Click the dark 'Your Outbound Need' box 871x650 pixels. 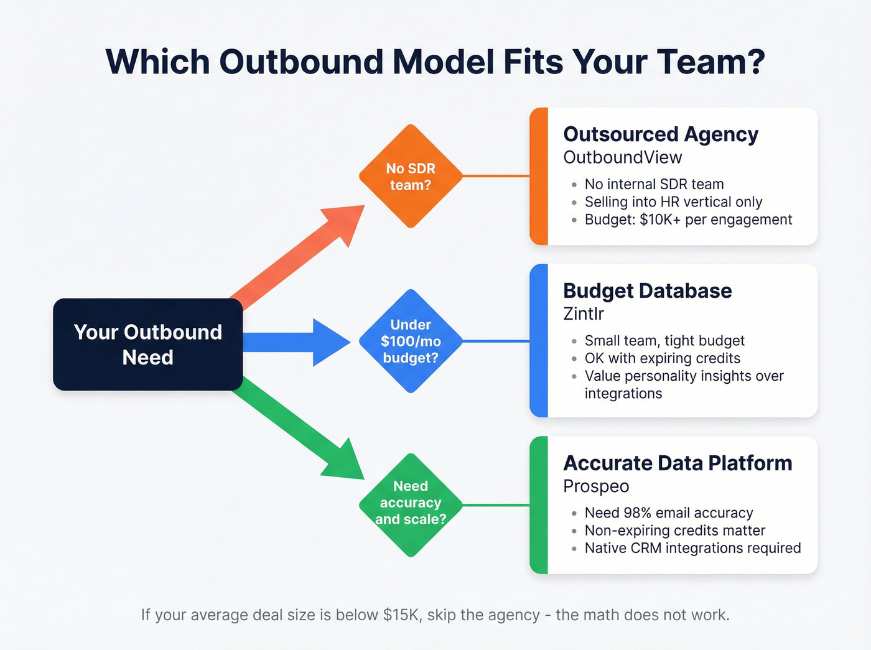pos(147,345)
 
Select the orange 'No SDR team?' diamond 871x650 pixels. pos(411,177)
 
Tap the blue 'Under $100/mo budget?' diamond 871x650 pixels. pos(411,341)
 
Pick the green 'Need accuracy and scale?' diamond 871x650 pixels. pos(411,504)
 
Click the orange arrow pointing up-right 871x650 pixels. pos(299,255)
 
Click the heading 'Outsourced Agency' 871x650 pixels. pos(660,134)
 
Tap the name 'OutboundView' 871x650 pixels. pos(622,157)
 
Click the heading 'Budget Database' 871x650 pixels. pos(647,291)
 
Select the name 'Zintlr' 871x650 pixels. pos(583,313)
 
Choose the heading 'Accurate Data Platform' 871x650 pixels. pos(677,463)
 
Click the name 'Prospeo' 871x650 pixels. pos(595,486)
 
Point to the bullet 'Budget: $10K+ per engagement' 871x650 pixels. pos(688,220)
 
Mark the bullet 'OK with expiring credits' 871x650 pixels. pos(662,358)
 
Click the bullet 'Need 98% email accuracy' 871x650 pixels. pos(668,513)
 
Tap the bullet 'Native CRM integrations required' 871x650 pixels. pos(692,548)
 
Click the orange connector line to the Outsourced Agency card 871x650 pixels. pos(496,176)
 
